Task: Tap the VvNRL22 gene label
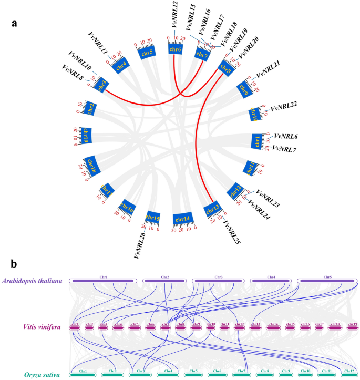coord(284,107)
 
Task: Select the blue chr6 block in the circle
coord(174,49)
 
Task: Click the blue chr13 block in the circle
coord(211,209)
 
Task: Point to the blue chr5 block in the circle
coord(146,52)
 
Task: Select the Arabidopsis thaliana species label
coord(32,281)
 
